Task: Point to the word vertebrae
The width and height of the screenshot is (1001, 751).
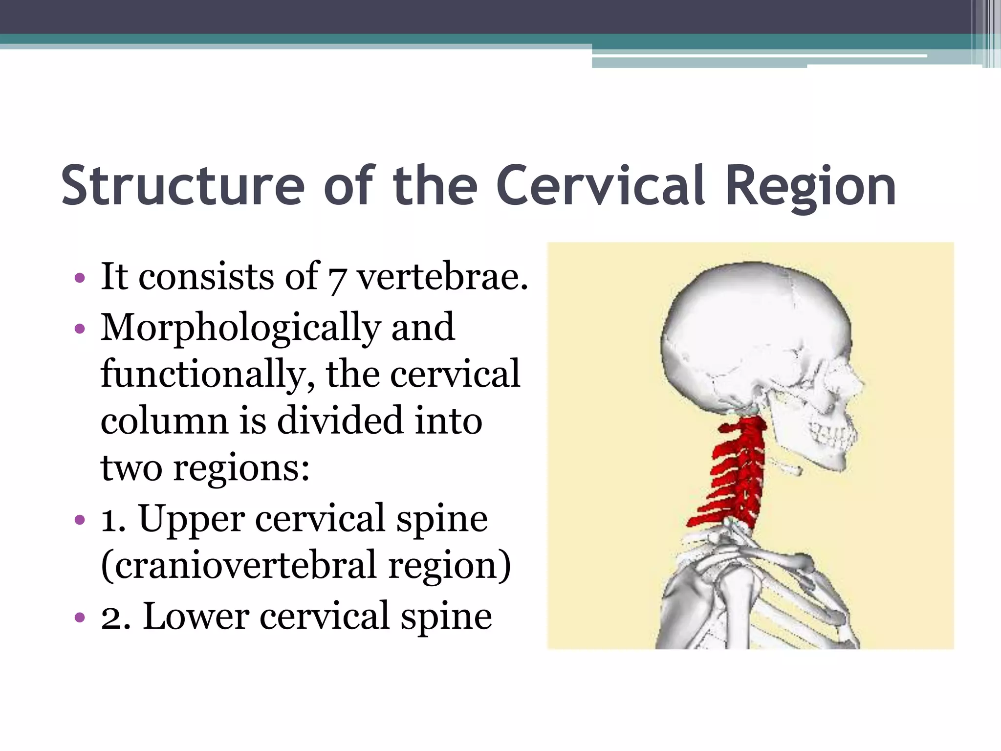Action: pyautogui.click(x=442, y=277)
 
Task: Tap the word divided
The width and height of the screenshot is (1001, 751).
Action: pyautogui.click(x=340, y=420)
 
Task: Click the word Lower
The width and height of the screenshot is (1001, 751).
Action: pyautogui.click(x=196, y=616)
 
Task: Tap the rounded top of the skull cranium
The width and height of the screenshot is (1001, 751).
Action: pyautogui.click(x=748, y=284)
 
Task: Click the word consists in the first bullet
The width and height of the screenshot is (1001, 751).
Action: pyautogui.click(x=205, y=277)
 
